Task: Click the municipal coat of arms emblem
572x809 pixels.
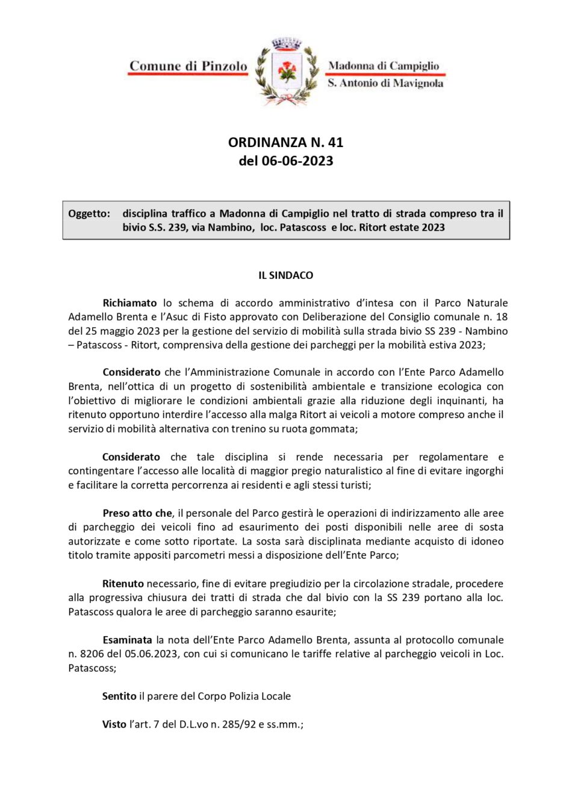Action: pyautogui.click(x=287, y=72)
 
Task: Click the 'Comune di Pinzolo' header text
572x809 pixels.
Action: pyautogui.click(x=188, y=66)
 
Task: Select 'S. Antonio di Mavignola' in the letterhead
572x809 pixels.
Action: pyautogui.click(x=385, y=83)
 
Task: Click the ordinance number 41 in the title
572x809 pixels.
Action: pyautogui.click(x=335, y=142)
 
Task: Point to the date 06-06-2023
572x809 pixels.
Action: pyautogui.click(x=297, y=161)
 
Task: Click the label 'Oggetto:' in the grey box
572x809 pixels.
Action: pyautogui.click(x=89, y=213)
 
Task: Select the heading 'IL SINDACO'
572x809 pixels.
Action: pyautogui.click(x=286, y=275)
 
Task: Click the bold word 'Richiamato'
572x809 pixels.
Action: pyautogui.click(x=129, y=303)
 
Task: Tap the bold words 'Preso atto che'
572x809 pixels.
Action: pyautogui.click(x=137, y=513)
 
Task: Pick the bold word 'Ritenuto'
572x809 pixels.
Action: pyautogui.click(x=123, y=584)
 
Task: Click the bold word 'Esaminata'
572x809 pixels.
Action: pyautogui.click(x=127, y=640)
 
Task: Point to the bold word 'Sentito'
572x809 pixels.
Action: pyautogui.click(x=119, y=696)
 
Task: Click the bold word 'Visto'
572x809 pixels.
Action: pyautogui.click(x=114, y=725)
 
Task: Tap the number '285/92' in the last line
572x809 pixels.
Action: pyautogui.click(x=239, y=725)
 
